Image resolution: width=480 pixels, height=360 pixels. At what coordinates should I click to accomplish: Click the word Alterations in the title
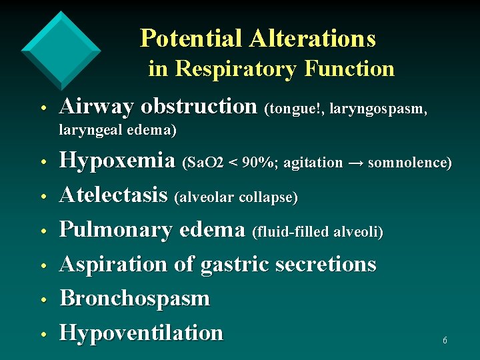click(313, 38)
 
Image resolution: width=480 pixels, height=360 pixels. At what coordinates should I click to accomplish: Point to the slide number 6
click(445, 341)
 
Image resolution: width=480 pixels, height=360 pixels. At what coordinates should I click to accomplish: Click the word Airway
click(97, 107)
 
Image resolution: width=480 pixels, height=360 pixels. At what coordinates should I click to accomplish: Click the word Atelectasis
click(113, 195)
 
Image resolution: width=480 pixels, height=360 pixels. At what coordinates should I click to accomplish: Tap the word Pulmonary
click(117, 230)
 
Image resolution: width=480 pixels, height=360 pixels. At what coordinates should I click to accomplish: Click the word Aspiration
click(114, 265)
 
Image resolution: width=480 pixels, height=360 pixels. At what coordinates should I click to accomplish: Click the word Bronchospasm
click(135, 298)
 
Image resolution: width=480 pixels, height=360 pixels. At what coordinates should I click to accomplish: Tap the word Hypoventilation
click(141, 332)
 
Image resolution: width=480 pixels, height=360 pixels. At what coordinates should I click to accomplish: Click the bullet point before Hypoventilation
click(42, 334)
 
